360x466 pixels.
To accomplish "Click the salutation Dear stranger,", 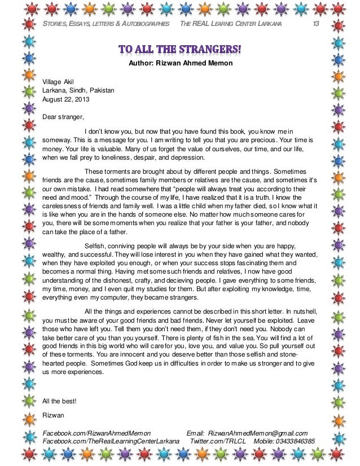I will pyautogui.click(x=63, y=117).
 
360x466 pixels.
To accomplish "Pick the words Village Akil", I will pyautogui.click(x=58, y=81).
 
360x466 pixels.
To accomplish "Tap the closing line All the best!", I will pyautogui.click(x=60, y=402).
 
